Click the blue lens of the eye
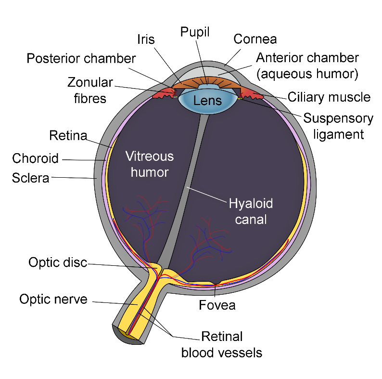pos(208,101)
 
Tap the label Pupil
pos(195,32)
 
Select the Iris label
pos(146,39)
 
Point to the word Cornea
pos(255,39)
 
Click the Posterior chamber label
pos(81,59)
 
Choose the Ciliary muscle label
pos(329,97)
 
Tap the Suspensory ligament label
pos(338,126)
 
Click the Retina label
pos(68,135)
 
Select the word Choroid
pos(35,158)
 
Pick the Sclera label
pos(30,178)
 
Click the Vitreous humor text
pos(150,164)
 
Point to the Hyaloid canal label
pos(251,211)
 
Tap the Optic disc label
pos(58,262)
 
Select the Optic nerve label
pos(53,299)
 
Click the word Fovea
pos(217,305)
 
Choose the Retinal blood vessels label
pos(222,345)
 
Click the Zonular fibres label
pos(90,91)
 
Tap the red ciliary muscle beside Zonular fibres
pos(164,93)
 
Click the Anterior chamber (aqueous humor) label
pos(307,66)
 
